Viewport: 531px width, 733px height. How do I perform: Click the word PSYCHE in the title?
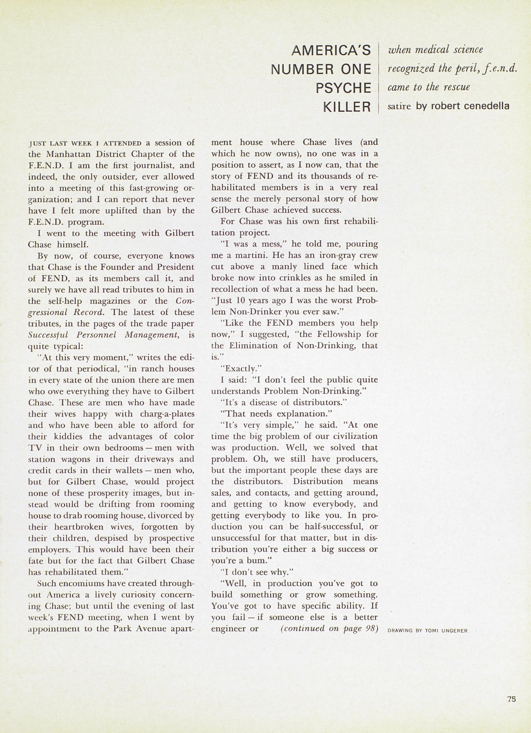pos(343,88)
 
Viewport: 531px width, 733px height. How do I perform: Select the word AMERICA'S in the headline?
pos(332,50)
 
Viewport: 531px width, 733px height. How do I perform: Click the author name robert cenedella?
pos(463,106)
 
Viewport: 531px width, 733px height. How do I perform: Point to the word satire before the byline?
pos(399,106)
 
